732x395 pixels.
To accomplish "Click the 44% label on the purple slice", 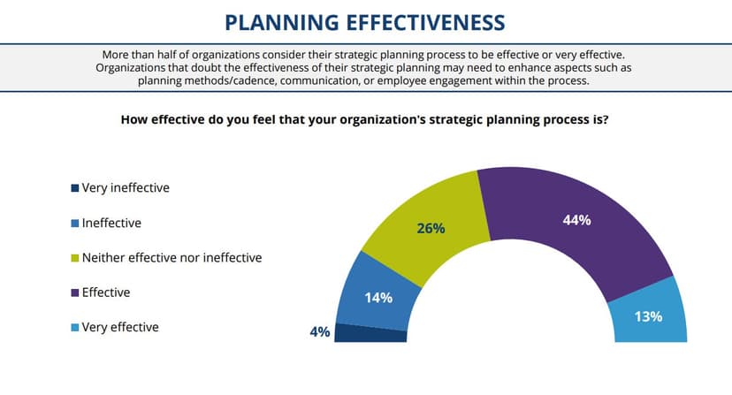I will coord(576,220).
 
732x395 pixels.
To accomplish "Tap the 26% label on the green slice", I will coord(431,229).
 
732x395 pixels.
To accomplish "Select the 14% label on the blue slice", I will coord(378,298).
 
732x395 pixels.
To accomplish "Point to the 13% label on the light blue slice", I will coord(648,315).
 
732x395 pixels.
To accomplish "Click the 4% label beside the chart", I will coord(319,332).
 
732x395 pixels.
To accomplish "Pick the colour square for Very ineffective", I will coord(75,188).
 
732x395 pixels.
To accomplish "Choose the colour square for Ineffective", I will coord(75,224).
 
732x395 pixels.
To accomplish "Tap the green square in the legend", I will coord(75,258).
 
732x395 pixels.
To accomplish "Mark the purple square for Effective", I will coord(75,292).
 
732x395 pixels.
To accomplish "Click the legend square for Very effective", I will coord(75,327).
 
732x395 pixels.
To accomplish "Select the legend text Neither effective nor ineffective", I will coord(172,258).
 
